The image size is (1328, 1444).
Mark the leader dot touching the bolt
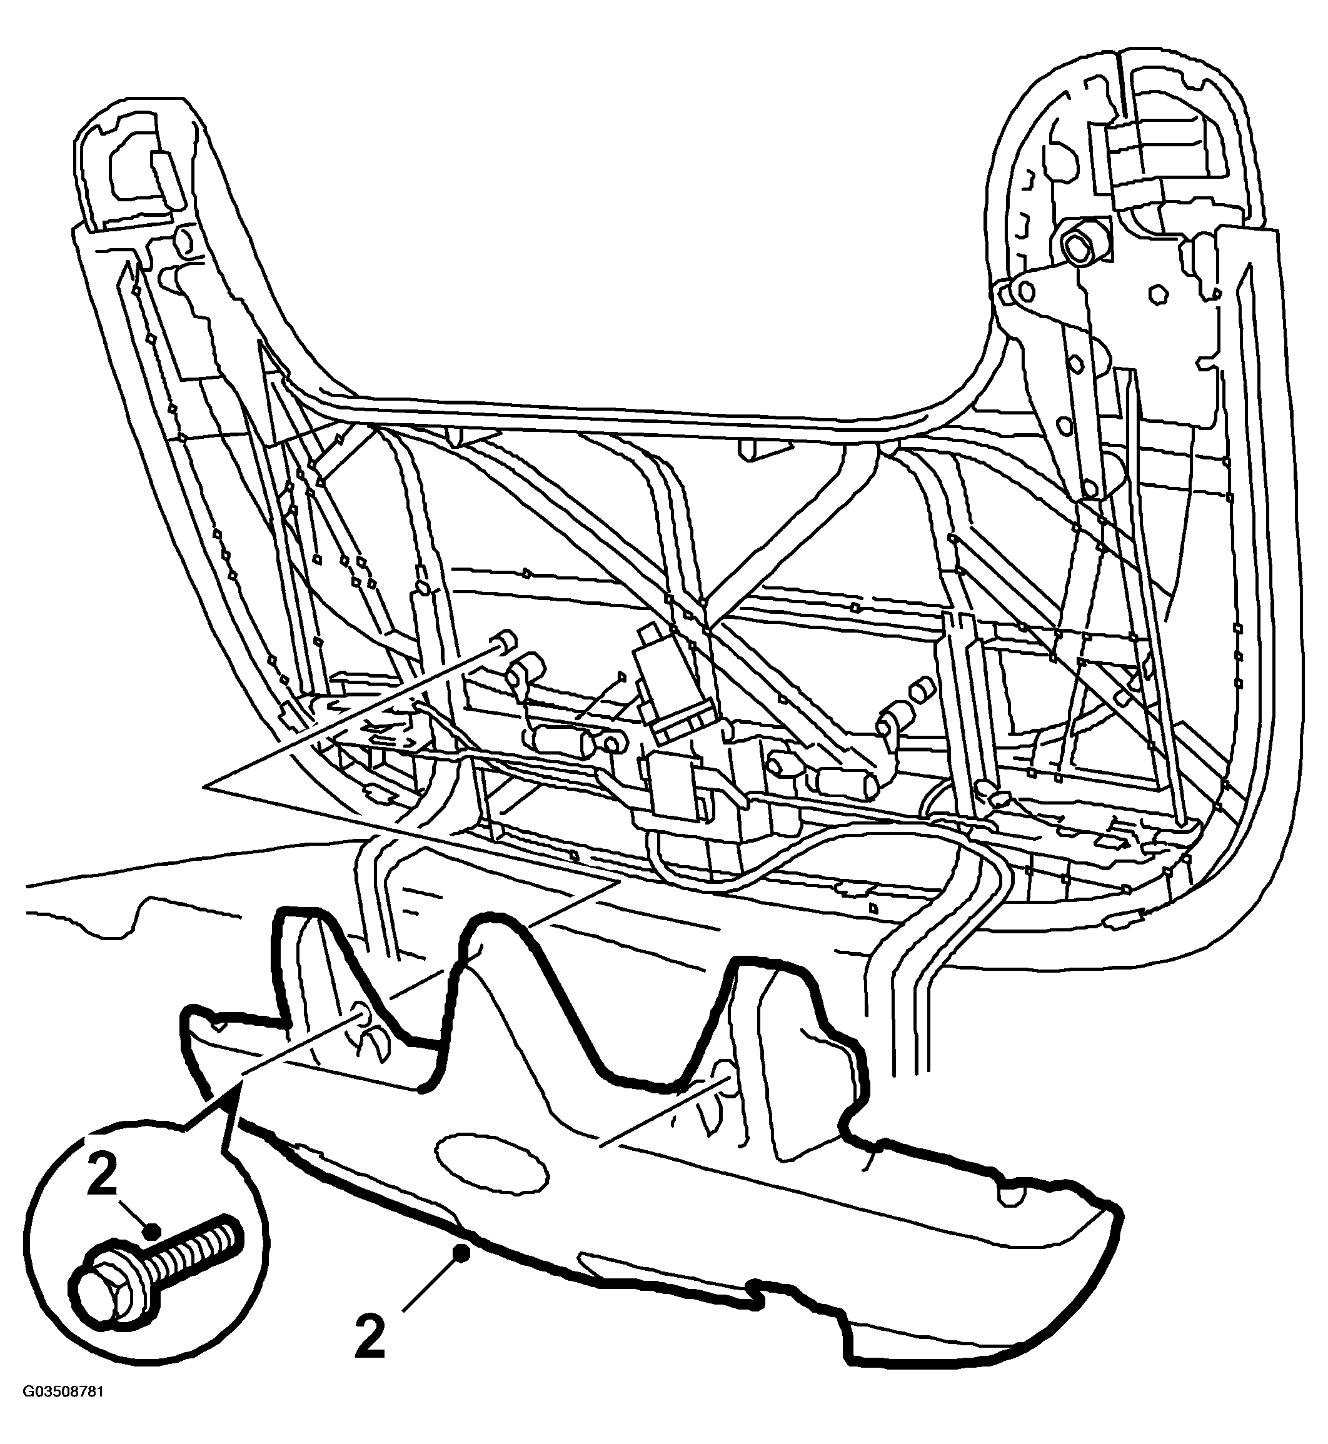tap(150, 1231)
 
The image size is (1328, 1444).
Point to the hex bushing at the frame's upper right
tap(1079, 253)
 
